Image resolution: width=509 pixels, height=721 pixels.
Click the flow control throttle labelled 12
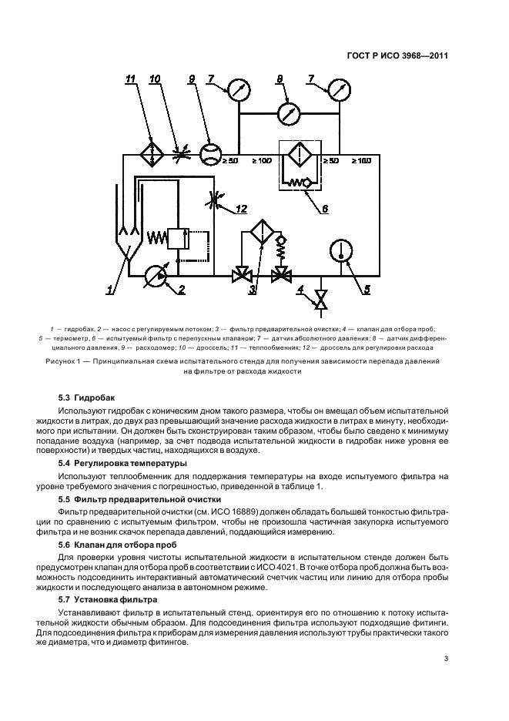click(216, 202)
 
